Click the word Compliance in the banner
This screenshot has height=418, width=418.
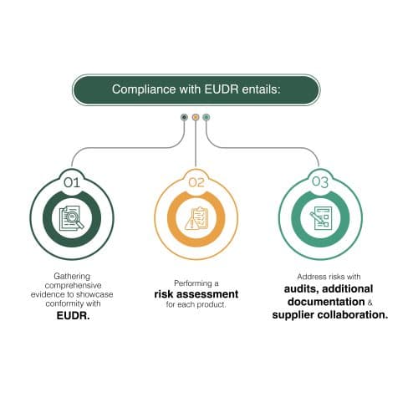tap(144, 89)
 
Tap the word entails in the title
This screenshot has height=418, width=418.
tap(261, 89)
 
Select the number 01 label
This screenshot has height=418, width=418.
tap(72, 183)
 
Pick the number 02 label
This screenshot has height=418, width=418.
tap(196, 182)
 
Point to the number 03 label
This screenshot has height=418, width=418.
tap(320, 182)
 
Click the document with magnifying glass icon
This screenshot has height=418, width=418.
tap(72, 218)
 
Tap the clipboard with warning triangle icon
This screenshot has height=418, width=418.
tap(196, 218)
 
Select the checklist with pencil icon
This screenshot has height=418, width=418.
tap(321, 218)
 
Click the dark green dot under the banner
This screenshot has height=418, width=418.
tap(184, 117)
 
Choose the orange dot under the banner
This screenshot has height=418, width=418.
tap(196, 117)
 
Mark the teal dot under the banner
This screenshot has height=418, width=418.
tap(206, 117)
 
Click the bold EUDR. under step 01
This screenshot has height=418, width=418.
tap(73, 316)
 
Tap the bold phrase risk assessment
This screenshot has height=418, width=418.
tap(196, 294)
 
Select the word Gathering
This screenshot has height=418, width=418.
tap(72, 276)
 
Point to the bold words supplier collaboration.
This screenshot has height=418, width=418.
tap(330, 315)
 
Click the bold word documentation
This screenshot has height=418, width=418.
tap(326, 302)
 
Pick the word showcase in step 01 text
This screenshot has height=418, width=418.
tap(94, 294)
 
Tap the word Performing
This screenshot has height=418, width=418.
tap(193, 283)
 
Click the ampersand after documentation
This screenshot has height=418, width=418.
tap(370, 303)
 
